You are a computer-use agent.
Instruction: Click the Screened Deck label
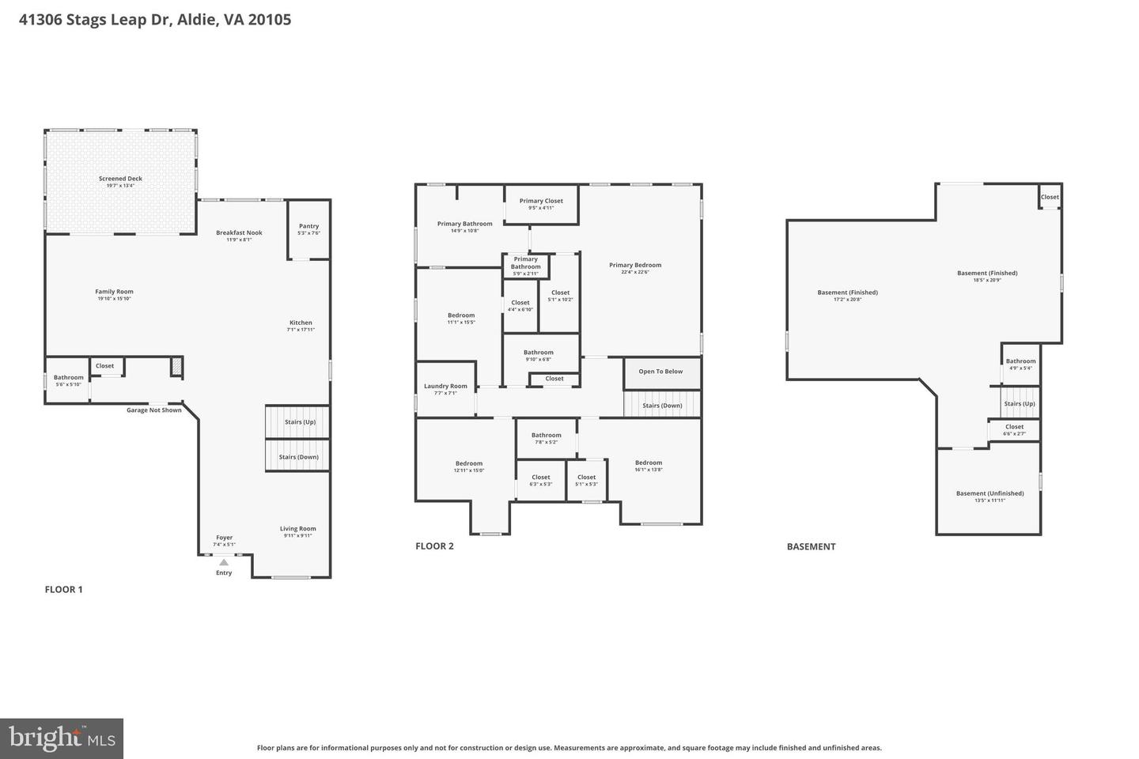120,179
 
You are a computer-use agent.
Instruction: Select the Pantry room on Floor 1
308,228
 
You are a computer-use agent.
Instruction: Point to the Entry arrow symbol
224,562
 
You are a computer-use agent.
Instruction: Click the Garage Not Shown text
154,410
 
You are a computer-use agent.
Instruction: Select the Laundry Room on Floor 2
445,387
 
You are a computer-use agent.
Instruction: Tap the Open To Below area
660,372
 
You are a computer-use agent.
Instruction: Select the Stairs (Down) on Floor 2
662,406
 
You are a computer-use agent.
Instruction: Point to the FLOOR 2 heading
434,546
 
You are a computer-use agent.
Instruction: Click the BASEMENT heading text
811,546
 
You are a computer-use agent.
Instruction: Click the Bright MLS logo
61,738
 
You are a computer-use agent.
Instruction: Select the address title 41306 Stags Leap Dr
155,19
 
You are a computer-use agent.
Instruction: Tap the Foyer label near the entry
224,538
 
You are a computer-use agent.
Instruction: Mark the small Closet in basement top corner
1050,197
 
